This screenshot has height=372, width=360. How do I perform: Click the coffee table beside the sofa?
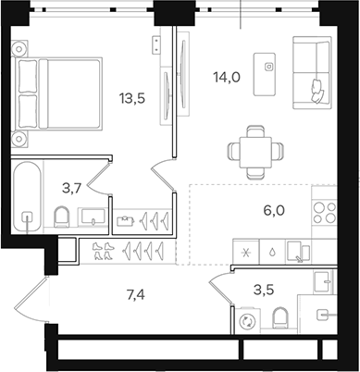tap(270, 67)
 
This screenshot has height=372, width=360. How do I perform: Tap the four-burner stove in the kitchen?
tap(323, 212)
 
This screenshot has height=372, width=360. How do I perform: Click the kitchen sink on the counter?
tap(295, 248)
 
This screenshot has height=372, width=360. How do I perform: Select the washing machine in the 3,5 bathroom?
tap(248, 321)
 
